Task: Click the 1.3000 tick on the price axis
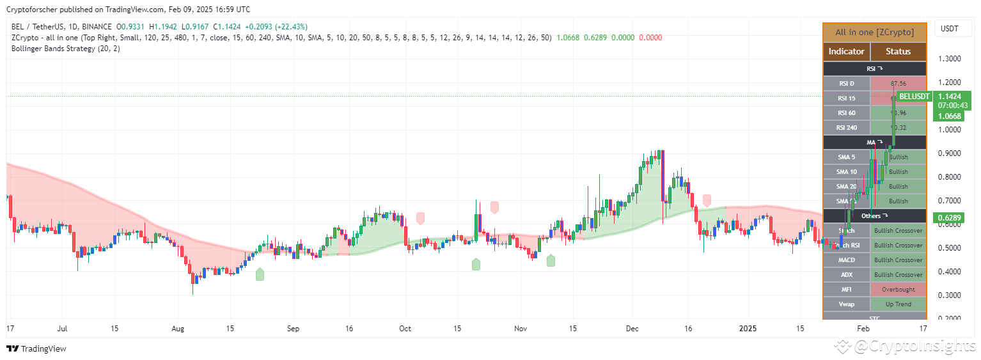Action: click(x=950, y=59)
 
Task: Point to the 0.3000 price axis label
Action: click(x=950, y=295)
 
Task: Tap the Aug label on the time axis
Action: click(x=178, y=329)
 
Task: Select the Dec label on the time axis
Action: click(x=632, y=329)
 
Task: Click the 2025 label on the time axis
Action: click(x=748, y=329)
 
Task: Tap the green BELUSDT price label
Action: click(x=914, y=97)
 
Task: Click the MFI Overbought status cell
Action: click(x=899, y=290)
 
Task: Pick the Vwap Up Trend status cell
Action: click(x=899, y=304)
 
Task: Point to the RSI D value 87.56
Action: click(x=899, y=83)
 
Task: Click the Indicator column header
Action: click(x=846, y=51)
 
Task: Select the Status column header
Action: click(x=898, y=51)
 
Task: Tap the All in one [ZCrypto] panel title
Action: click(x=874, y=32)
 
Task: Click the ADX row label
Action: click(x=846, y=275)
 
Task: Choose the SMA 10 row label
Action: click(x=846, y=172)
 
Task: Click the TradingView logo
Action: click(x=36, y=348)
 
